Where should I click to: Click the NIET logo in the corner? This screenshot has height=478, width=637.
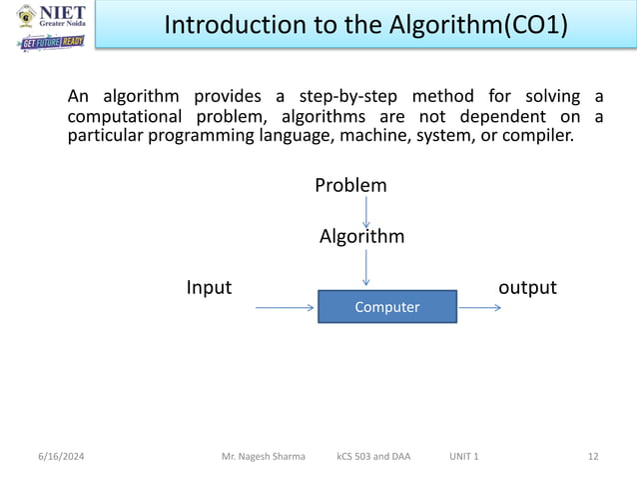(50, 17)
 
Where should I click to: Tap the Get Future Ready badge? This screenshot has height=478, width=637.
(51, 43)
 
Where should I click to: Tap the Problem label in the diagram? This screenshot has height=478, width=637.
(350, 186)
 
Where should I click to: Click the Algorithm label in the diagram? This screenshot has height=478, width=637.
(361, 237)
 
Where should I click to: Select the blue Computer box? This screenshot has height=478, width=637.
(387, 307)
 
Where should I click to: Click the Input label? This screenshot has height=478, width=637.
(209, 288)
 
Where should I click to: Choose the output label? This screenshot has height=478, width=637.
(526, 288)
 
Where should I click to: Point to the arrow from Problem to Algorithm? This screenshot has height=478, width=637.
(367, 211)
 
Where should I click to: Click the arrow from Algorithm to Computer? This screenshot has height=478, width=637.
(367, 268)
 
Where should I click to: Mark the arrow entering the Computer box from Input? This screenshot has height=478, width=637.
(286, 307)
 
